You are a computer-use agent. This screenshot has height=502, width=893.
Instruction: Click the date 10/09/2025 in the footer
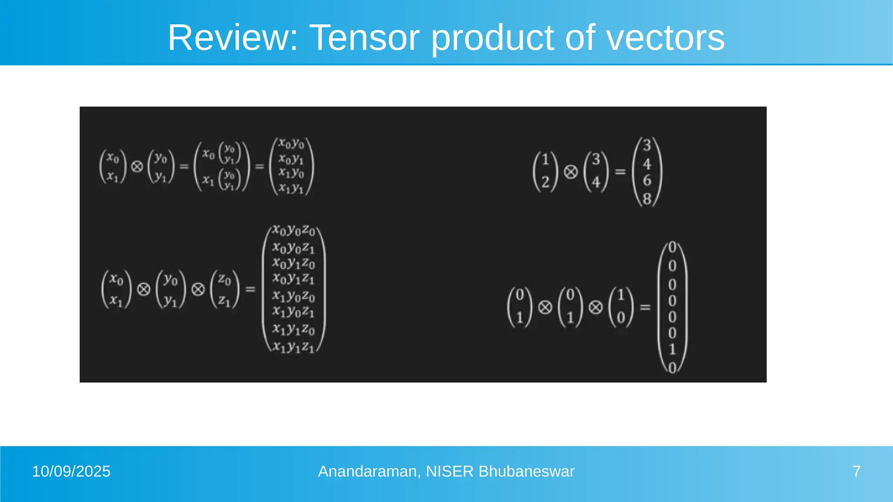click(71, 471)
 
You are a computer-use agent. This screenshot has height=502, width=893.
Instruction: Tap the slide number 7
click(856, 471)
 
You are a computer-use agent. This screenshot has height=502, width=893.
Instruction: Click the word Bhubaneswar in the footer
click(526, 471)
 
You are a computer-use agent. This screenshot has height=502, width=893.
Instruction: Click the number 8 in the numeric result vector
click(647, 198)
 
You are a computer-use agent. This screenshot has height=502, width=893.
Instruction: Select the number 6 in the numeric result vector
click(647, 180)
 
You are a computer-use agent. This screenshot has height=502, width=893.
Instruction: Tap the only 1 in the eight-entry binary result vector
click(672, 349)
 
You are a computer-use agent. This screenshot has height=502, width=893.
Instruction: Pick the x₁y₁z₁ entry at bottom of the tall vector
click(293, 347)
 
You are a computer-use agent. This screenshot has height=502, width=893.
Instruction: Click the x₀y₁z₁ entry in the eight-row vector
click(293, 278)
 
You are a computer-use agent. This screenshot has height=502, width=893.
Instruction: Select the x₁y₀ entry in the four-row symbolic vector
click(291, 173)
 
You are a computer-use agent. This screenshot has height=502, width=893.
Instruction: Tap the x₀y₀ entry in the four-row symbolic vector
click(291, 143)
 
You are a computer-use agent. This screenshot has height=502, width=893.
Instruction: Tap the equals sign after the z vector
click(250, 289)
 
